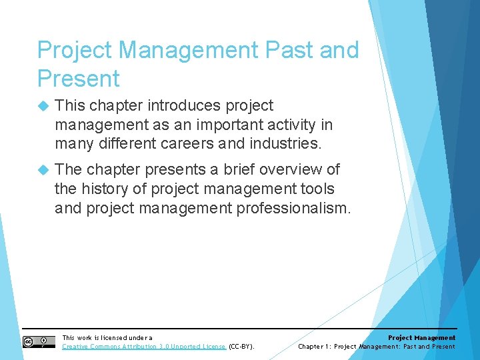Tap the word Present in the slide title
coord(79,79)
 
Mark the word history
coord(107,189)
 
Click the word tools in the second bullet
coord(317,189)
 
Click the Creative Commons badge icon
coord(39,342)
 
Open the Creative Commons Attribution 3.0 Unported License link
coord(144,347)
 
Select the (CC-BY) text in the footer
coord(242,347)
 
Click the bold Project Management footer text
coord(421,338)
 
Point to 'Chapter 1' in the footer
coord(314,347)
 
